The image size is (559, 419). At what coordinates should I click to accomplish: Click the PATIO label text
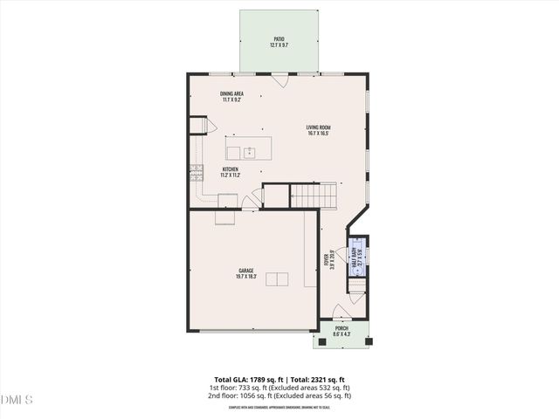click(279, 38)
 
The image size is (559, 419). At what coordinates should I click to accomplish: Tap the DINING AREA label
click(231, 93)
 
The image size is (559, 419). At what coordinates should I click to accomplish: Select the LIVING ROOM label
click(319, 127)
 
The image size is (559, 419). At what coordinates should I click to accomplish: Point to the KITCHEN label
click(231, 169)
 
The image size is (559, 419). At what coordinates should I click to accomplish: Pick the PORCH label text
click(342, 328)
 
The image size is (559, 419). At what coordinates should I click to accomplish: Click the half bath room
click(358, 256)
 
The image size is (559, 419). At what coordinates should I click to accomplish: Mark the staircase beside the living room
click(313, 196)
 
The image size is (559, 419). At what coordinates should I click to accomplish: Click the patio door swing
click(279, 80)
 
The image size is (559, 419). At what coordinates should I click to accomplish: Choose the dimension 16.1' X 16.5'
click(319, 134)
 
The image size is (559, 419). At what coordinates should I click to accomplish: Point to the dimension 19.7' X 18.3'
click(246, 277)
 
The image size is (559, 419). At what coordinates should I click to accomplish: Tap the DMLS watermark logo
click(17, 400)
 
